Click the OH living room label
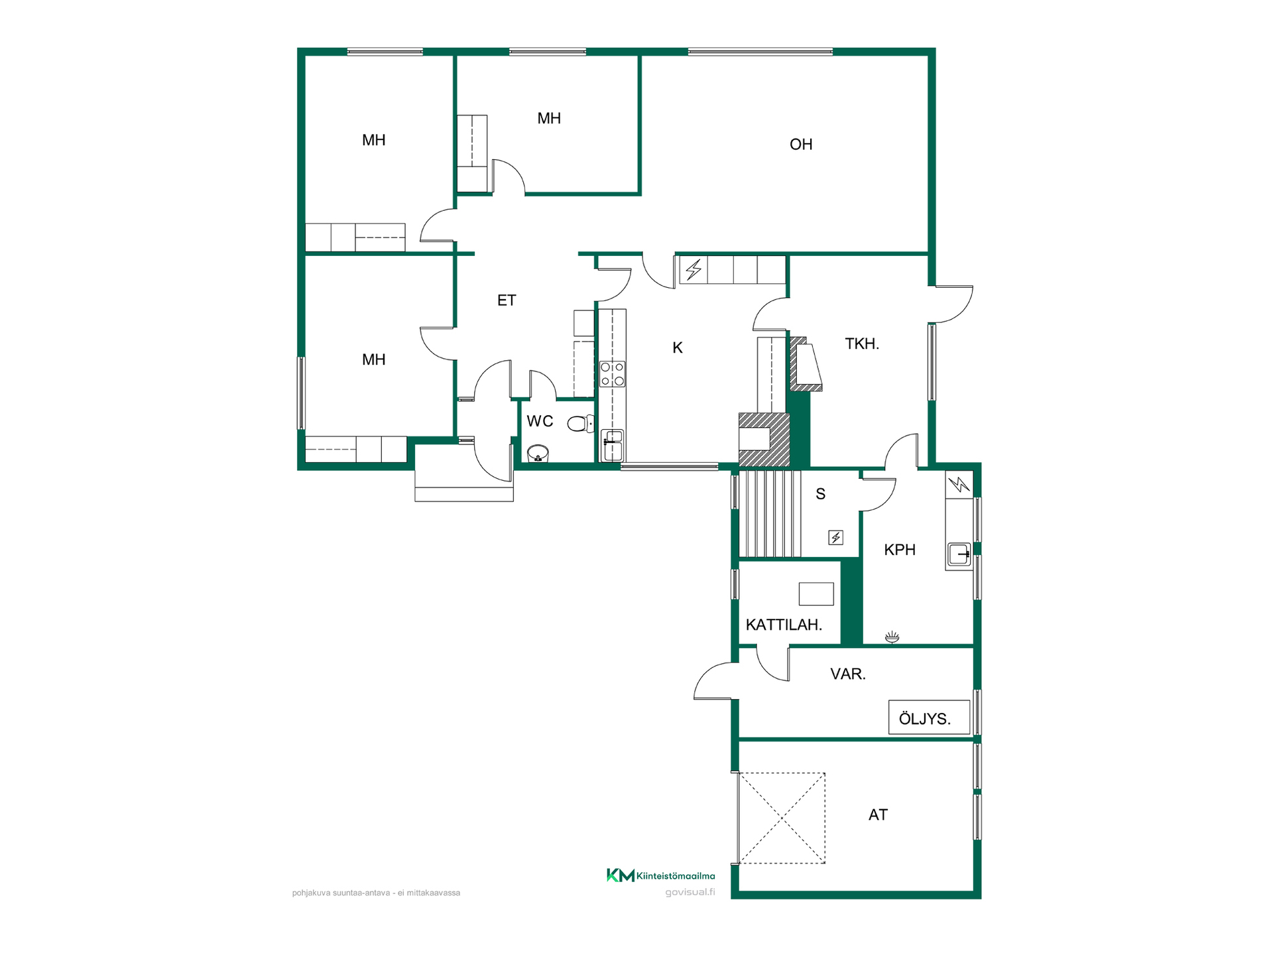click(x=801, y=144)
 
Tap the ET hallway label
click(x=507, y=300)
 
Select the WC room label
click(x=540, y=421)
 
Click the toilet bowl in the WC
click(x=581, y=423)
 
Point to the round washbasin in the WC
click(x=538, y=454)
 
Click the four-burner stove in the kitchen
click(x=612, y=374)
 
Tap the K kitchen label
click(x=677, y=348)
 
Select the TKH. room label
click(x=862, y=344)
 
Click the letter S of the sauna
click(x=821, y=493)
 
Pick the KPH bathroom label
click(x=900, y=549)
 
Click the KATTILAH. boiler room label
click(x=784, y=625)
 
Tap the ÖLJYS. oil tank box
click(x=930, y=718)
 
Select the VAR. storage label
click(x=848, y=674)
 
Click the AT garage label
click(x=878, y=814)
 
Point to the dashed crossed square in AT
click(x=782, y=818)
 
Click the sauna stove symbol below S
click(x=836, y=537)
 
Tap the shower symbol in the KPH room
click(x=892, y=637)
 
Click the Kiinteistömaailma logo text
click(x=676, y=876)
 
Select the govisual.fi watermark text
click(x=690, y=892)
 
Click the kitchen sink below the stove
click(x=613, y=445)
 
